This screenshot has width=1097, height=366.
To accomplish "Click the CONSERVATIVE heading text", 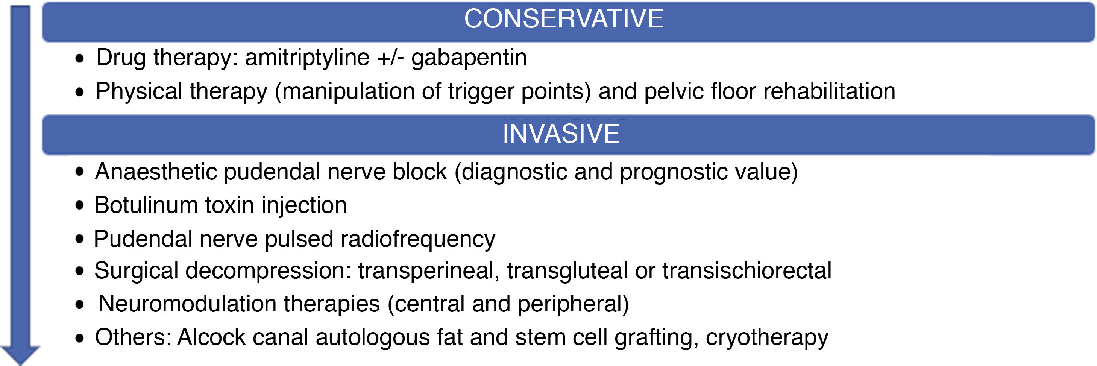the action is tap(564, 19).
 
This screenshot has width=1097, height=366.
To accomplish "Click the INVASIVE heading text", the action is tap(561, 134).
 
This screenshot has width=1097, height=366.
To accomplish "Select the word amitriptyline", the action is tap(307, 58).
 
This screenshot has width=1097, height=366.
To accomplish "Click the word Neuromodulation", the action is tap(187, 304).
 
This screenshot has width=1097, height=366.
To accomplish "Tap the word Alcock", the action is tap(211, 337).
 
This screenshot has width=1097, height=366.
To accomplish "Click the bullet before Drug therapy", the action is tap(80, 58).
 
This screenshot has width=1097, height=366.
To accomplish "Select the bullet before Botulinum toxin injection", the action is tap(80, 205).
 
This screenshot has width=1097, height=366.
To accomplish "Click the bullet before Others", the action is tap(80, 338).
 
